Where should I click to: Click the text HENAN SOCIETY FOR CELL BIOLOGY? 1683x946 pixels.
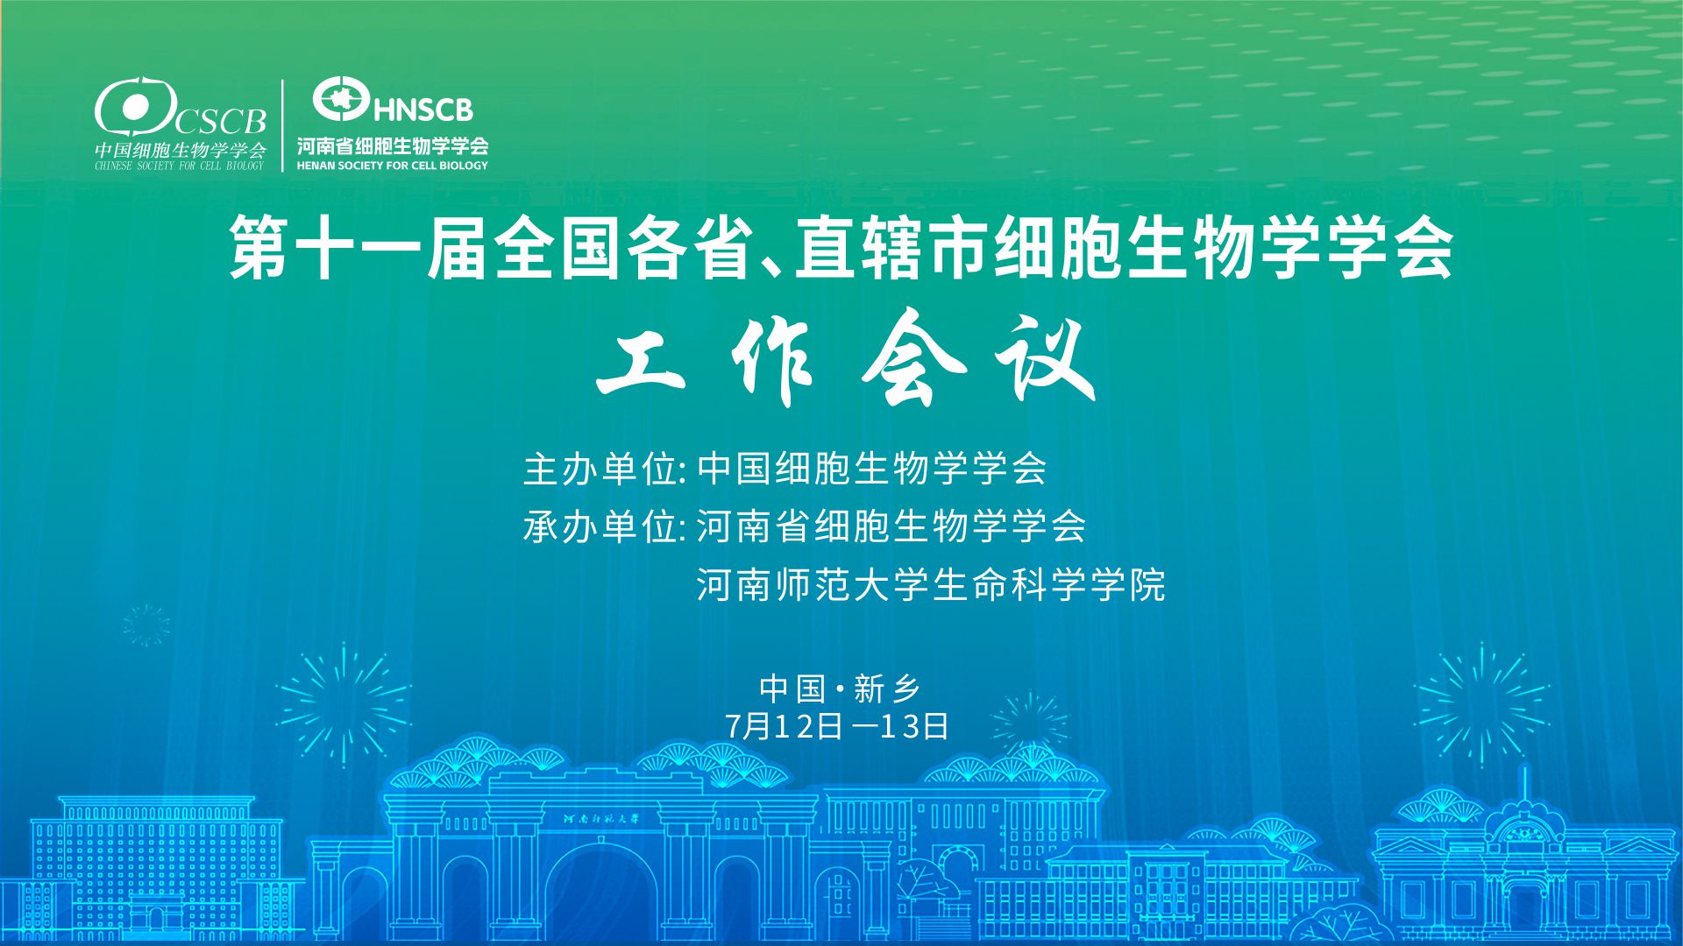click(393, 165)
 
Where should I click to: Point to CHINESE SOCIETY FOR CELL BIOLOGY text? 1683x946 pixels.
click(180, 166)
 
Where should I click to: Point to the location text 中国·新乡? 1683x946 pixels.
click(840, 689)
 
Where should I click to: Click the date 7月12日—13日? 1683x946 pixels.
click(837, 726)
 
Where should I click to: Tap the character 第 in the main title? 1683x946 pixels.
click(259, 250)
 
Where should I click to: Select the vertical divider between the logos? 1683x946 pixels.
click(282, 125)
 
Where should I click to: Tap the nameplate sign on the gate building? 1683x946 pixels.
click(602, 819)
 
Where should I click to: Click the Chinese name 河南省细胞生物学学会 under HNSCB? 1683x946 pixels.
click(393, 145)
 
